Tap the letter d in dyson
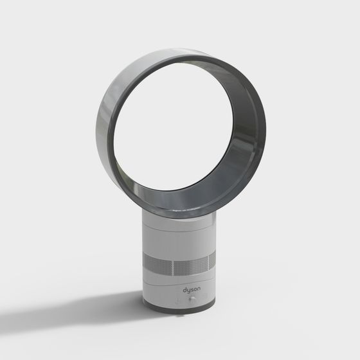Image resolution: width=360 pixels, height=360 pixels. (184, 289)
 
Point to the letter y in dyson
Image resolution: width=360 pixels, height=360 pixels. (188, 291)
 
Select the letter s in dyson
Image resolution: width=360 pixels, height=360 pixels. (192, 290)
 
